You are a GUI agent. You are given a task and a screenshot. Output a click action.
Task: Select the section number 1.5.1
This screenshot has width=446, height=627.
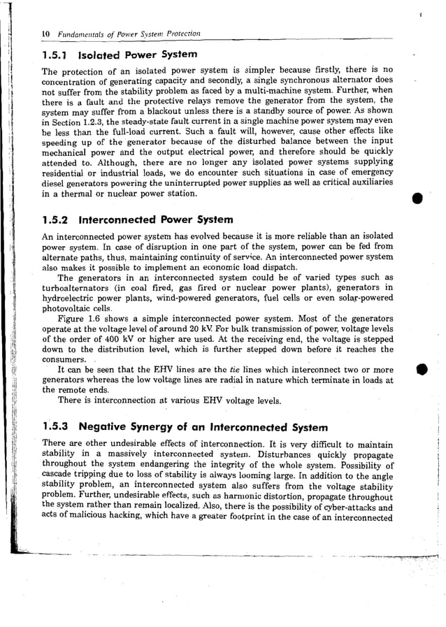(x=55, y=55)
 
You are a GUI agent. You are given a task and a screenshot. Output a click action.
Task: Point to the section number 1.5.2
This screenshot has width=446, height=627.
(x=56, y=219)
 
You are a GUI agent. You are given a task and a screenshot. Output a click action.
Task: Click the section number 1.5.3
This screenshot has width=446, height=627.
(x=56, y=426)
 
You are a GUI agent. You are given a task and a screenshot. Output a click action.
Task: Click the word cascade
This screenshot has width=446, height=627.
(x=59, y=477)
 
